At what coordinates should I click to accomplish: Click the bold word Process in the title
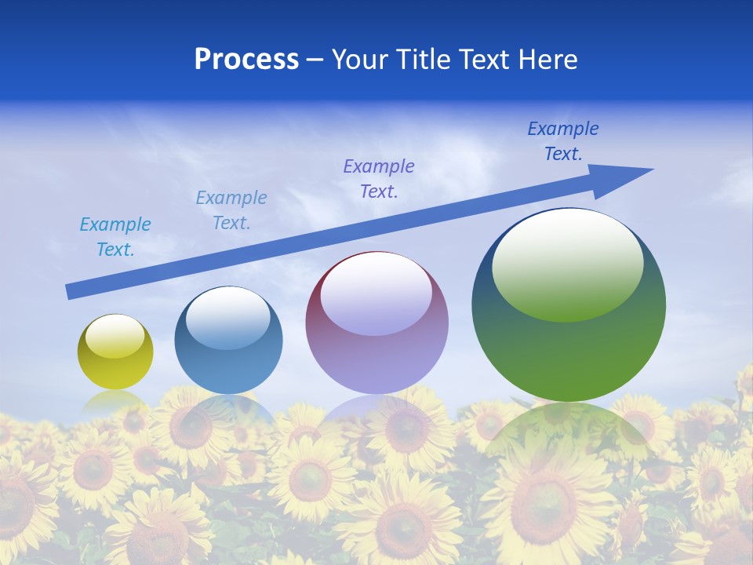coord(246,60)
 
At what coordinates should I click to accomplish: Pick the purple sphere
coord(376,345)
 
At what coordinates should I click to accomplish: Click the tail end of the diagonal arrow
coord(72,291)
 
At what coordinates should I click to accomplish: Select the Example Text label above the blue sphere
coord(231,210)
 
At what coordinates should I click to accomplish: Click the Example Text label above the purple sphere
coord(379,179)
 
